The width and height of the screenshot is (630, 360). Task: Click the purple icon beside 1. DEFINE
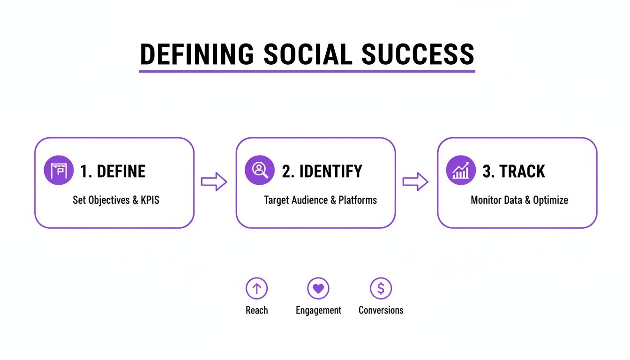coord(59,171)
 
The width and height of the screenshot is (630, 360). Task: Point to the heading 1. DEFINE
coord(112,172)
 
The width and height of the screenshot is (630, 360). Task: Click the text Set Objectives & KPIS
coord(116,200)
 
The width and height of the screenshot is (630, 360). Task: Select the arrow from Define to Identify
coord(214,182)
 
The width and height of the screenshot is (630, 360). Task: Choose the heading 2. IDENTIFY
coord(322,172)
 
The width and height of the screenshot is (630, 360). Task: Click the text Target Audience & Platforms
coord(320,200)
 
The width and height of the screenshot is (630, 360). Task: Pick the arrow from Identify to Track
coord(415,182)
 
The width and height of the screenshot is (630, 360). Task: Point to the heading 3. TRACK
coord(514,172)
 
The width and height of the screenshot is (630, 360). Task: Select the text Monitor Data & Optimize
coord(519,200)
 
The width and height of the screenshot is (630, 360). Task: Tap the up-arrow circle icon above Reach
coord(256,288)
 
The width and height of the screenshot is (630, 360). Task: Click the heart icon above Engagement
coord(318,288)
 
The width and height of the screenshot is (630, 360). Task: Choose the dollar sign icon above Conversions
coord(381,288)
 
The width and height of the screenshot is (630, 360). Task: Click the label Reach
coord(257,310)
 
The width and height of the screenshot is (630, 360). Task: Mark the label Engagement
coord(318,310)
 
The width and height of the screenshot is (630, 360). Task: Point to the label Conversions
coord(381,310)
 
